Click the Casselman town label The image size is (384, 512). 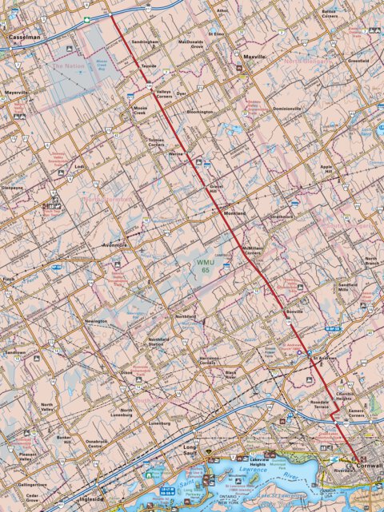pos(24,37)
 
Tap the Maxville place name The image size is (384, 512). pos(254,58)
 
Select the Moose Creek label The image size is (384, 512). pos(142,111)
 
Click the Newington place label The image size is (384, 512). pos(96,321)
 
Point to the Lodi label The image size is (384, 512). pos(78,166)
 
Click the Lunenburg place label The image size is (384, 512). pos(159,423)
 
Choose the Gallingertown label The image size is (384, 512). pos(32,484)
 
